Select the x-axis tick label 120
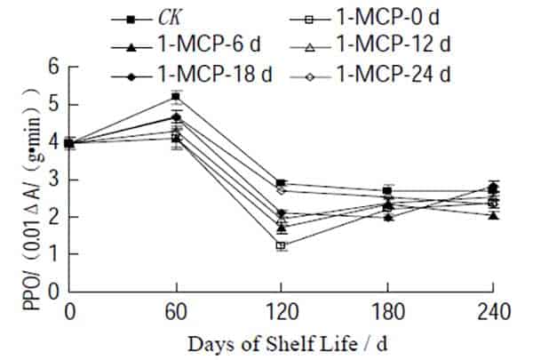pos(282,309)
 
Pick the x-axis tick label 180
pos(387,309)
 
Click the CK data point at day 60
pos(176,96)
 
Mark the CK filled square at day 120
pos(282,183)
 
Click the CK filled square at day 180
pos(387,191)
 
